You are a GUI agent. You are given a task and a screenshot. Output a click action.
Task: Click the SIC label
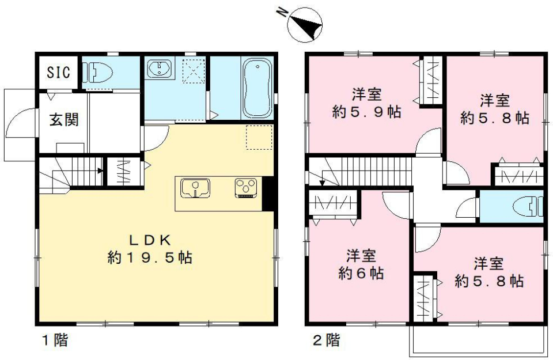pyautogui.click(x=58, y=73)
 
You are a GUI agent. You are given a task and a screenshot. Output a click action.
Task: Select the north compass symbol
pyautogui.click(x=304, y=25)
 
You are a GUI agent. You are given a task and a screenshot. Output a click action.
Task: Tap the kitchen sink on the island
pyautogui.click(x=195, y=188)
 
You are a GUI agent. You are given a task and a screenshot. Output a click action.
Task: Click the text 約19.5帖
pyautogui.click(x=149, y=257)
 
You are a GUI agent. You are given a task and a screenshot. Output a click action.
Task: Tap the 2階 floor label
pyautogui.click(x=326, y=340)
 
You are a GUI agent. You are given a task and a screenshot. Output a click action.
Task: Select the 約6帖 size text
pyautogui.click(x=361, y=272)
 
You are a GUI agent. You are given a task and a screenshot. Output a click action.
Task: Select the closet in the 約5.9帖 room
pyautogui.click(x=430, y=80)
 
